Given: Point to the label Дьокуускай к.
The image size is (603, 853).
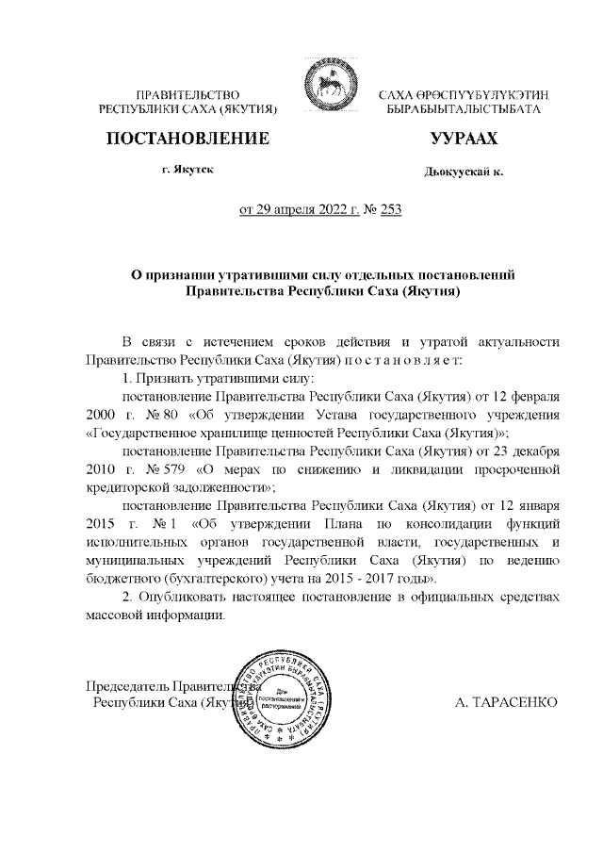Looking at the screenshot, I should tap(464, 172).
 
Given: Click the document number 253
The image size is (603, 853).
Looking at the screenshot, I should tap(391, 209).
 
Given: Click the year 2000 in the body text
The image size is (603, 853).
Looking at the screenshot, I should tap(101, 415).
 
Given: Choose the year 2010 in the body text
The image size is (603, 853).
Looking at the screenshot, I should tap(101, 468).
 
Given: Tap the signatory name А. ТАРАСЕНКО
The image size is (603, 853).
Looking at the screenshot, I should tap(506, 702).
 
